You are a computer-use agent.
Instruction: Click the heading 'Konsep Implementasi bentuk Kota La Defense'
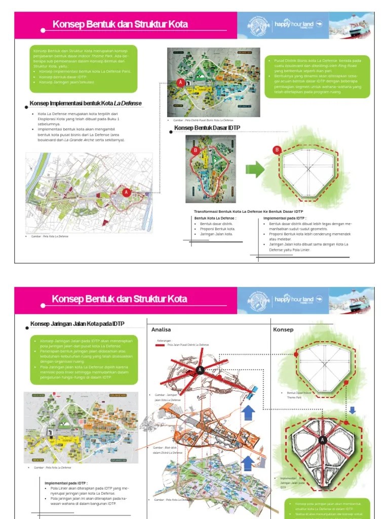[x=85, y=104]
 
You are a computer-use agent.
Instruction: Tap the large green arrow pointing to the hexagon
[x=256, y=169]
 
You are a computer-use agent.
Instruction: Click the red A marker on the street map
[x=126, y=192]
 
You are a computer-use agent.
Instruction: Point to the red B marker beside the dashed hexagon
[x=277, y=150]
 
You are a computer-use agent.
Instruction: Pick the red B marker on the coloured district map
[x=196, y=151]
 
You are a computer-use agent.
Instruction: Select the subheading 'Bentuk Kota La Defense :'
[x=215, y=218]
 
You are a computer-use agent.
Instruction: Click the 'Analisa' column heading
[x=161, y=329]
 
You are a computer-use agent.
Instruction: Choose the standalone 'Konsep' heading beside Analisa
[x=283, y=329]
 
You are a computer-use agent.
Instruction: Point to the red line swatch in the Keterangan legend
[x=161, y=345]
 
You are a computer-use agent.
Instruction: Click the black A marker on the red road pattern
[x=201, y=369]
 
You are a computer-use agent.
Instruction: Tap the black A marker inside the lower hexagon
[x=322, y=440]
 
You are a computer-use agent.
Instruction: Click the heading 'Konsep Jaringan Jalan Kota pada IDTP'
[x=77, y=324]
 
